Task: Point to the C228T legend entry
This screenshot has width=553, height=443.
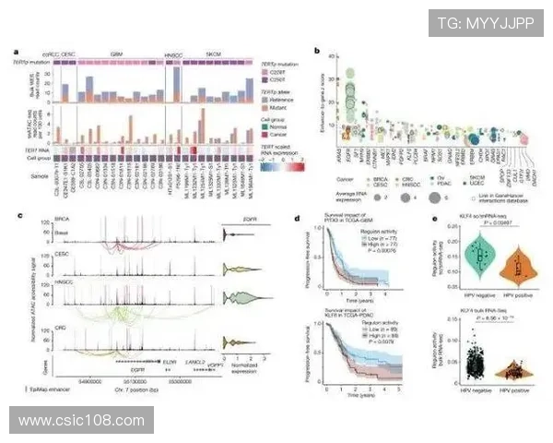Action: click(280, 70)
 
